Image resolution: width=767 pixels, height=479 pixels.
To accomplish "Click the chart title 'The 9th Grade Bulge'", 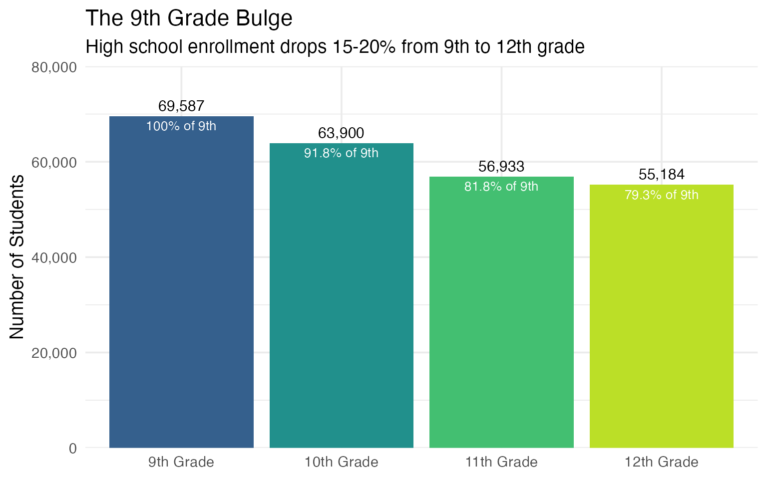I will click(x=189, y=19).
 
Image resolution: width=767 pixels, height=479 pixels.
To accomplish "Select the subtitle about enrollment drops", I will click(x=335, y=47).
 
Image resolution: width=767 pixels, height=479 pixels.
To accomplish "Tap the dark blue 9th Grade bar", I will click(x=181, y=289).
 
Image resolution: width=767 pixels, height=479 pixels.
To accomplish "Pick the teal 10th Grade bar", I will click(x=341, y=299).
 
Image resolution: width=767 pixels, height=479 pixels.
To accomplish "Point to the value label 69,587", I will click(x=181, y=106).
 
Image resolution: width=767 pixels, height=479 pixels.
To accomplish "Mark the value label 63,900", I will click(x=341, y=133).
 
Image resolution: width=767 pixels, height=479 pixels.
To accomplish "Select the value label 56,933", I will click(x=501, y=167).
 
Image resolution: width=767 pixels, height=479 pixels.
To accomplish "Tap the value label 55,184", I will click(x=661, y=175).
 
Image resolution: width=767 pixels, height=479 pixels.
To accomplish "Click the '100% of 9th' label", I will click(x=181, y=126).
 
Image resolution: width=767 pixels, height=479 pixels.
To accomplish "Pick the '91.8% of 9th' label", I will click(x=341, y=153).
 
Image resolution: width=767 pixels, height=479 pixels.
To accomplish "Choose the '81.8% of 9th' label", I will click(x=501, y=187).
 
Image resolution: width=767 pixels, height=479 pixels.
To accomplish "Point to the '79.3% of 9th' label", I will click(x=661, y=195).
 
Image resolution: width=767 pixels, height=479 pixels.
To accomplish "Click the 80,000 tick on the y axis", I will click(x=54, y=67).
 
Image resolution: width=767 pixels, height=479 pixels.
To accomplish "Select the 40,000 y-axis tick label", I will click(x=54, y=258).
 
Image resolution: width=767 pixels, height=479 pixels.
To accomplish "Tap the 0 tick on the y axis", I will click(x=73, y=449).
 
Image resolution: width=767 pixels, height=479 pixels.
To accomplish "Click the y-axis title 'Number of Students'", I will click(x=17, y=257).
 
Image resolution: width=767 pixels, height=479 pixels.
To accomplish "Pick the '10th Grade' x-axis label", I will click(x=341, y=463).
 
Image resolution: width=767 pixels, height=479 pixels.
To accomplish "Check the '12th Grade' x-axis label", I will click(x=661, y=463).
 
